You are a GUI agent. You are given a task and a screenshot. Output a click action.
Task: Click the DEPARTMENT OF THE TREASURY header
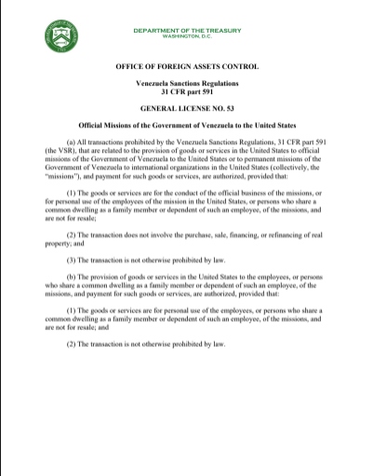[186, 30]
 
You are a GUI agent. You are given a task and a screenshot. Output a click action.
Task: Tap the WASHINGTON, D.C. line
[186, 36]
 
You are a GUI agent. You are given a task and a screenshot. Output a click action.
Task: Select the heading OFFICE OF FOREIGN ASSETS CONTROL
[186, 68]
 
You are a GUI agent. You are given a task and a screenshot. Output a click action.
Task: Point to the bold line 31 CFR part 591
[186, 93]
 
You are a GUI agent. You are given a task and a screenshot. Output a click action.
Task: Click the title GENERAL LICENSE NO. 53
[186, 109]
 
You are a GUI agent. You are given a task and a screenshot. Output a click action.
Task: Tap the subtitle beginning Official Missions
[186, 125]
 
